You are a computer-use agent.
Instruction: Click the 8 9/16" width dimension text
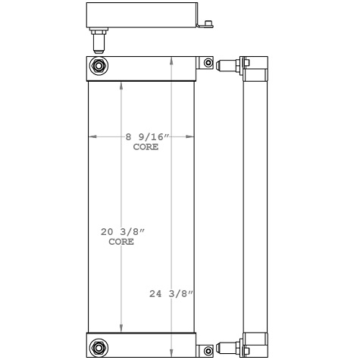(x=147, y=136)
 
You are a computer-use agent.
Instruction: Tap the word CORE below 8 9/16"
(x=146, y=147)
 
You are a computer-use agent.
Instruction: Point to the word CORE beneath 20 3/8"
(x=121, y=242)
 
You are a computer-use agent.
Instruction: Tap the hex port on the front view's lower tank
(x=98, y=349)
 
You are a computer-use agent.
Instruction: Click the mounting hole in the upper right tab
(x=206, y=63)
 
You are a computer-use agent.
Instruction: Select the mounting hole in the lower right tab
(x=206, y=349)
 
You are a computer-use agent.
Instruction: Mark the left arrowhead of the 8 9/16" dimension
(x=92, y=136)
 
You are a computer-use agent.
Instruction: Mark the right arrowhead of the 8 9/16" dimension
(x=192, y=136)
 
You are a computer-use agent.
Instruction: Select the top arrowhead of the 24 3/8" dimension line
(x=174, y=59)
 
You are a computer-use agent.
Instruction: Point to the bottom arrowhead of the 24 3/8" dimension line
(x=174, y=354)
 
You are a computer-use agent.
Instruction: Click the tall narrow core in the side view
(x=257, y=205)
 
